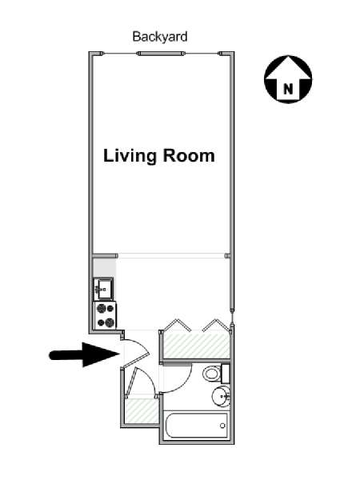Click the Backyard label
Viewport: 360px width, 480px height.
tap(160, 37)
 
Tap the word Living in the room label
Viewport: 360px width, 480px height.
tap(130, 156)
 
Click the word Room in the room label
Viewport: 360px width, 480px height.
tap(189, 155)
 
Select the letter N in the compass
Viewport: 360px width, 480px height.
tap(288, 89)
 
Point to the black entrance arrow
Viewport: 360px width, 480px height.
tap(84, 354)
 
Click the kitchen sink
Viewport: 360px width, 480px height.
tap(104, 289)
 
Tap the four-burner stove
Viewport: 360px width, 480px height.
tap(105, 316)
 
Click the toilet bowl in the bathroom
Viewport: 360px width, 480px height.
tap(212, 373)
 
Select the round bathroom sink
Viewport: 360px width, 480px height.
tap(221, 396)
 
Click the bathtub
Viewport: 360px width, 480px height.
tap(196, 426)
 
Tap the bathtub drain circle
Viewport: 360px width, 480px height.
tap(222, 426)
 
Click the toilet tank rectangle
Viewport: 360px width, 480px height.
tap(226, 374)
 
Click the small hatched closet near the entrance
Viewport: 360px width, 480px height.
tap(141, 411)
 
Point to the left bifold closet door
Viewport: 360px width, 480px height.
tap(178, 325)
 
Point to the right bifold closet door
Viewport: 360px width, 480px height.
tap(215, 325)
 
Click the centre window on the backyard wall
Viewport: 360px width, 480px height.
tap(161, 54)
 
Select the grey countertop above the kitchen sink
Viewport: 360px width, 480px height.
tap(104, 268)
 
